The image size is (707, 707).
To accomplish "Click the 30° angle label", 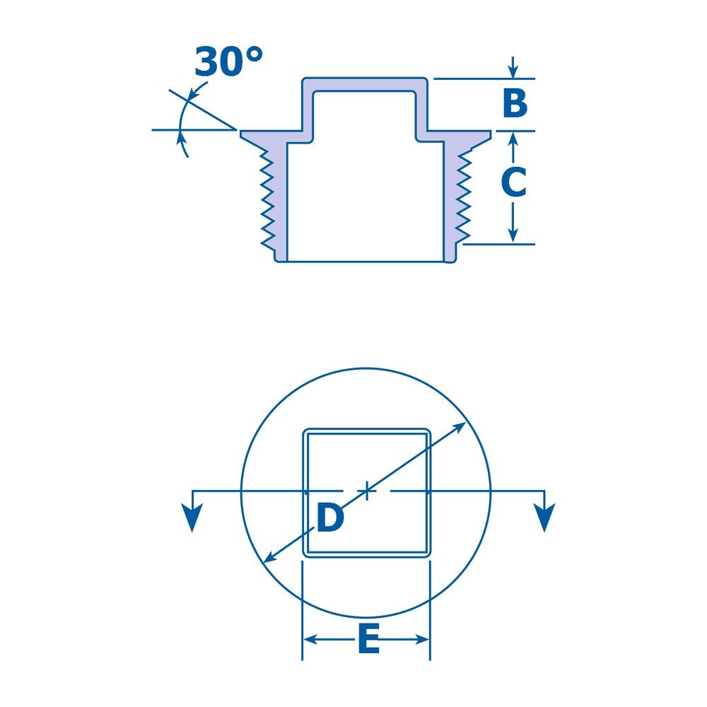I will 228,62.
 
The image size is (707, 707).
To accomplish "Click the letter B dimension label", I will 515,103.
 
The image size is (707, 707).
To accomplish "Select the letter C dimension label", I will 513,182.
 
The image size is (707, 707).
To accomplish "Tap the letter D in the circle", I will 329,519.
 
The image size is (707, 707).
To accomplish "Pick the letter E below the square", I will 368,641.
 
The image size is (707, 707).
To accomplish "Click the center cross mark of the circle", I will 367,490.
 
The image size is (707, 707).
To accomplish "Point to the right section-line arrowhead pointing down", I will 544,519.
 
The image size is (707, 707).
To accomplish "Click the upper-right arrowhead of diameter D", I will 460,426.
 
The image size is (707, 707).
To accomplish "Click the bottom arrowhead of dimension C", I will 514,236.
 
